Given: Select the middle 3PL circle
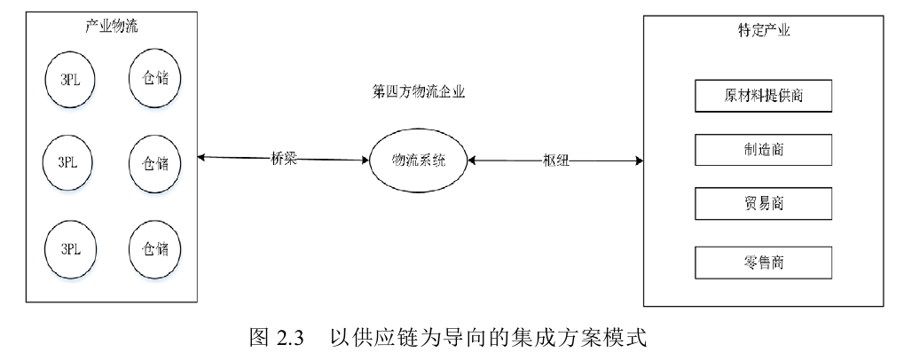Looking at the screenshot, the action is click(x=69, y=164).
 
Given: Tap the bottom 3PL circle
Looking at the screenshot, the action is click(x=69, y=249).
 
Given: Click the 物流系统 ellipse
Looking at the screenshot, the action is click(x=420, y=160).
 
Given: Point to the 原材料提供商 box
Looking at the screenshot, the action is click(x=764, y=96).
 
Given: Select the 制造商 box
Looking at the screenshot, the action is click(x=764, y=150).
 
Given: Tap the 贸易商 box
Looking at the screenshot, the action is click(x=764, y=205).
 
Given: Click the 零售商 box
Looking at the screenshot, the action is click(x=764, y=262).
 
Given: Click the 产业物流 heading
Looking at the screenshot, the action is click(x=112, y=27).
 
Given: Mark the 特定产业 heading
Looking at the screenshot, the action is click(x=764, y=30).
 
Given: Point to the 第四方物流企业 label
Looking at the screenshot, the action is click(x=420, y=90).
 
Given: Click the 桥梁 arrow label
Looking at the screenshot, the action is click(x=284, y=158).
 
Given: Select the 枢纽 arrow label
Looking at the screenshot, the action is click(x=555, y=160).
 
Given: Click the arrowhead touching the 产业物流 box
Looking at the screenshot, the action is click(x=202, y=157).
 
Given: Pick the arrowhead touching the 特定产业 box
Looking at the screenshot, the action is click(x=638, y=161).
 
